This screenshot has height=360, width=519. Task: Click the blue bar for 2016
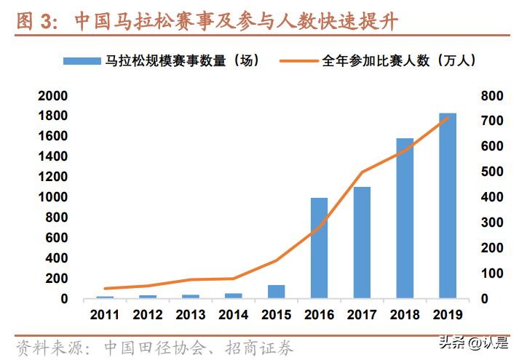tap(319, 247)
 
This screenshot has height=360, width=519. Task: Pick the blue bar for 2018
tap(405, 218)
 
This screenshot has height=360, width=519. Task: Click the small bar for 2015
tap(277, 291)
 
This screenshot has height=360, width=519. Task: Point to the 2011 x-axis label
tap(106, 315)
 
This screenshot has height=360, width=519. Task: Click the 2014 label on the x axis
tap(234, 315)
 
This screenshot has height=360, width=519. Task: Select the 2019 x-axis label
tap(447, 315)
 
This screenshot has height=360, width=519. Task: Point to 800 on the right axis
tap(492, 96)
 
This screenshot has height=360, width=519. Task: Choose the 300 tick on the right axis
tap(492, 223)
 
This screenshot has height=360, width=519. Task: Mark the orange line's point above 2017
tap(362, 172)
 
